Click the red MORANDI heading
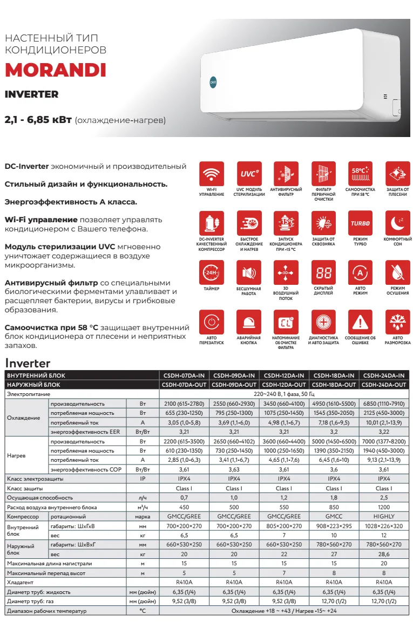pos(55,71)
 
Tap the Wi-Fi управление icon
pos(211,173)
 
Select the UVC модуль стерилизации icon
pos(249,173)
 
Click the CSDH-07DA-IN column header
pos(184,375)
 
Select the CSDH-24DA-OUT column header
pos(384,385)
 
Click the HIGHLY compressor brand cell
pos(384,516)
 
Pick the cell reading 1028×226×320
pos(384,526)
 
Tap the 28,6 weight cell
pos(384,554)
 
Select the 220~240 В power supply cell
pos(285,394)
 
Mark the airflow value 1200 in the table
pos(384,507)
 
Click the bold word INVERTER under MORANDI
pos(31,94)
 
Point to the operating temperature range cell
pos(285,611)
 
